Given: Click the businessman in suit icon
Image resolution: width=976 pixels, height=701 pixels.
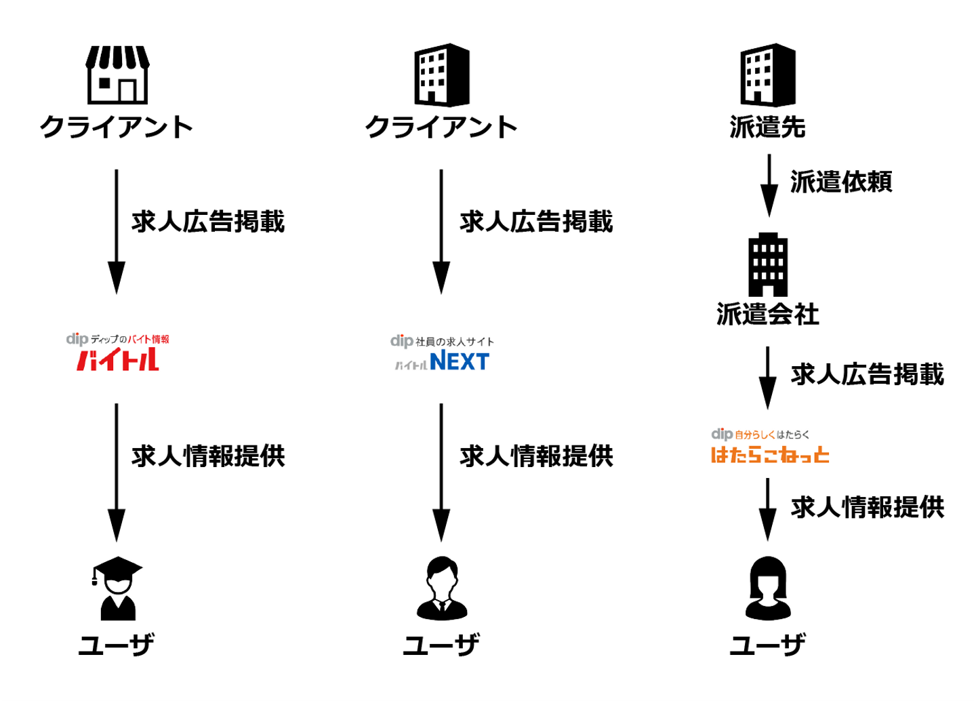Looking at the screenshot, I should coord(442,588).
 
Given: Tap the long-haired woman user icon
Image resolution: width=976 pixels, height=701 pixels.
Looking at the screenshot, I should coord(768,588).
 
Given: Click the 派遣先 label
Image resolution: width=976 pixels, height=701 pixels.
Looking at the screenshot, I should coord(767,127).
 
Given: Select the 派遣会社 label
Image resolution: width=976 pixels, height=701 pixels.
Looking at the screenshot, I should coord(767,315).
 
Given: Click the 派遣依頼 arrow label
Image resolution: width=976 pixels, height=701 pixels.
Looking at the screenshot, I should coord(840,182).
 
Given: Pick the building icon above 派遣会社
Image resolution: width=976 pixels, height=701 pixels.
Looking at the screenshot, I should coord(768,264).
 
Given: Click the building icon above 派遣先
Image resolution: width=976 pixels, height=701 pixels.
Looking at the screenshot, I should coord(768,75).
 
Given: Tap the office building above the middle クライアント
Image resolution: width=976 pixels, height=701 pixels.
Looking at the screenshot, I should coord(442,75).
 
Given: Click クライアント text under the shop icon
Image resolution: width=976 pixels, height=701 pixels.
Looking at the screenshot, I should coord(117,127).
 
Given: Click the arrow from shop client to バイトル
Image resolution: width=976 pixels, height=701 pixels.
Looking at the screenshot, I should coord(117,231).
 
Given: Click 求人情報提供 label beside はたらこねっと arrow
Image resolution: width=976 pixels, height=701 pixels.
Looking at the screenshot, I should coord(867,507).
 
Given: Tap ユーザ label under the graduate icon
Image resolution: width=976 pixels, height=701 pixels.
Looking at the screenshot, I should coord(117,645).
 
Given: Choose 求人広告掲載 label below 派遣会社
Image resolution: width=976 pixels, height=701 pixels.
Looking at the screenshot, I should coord(867,374).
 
